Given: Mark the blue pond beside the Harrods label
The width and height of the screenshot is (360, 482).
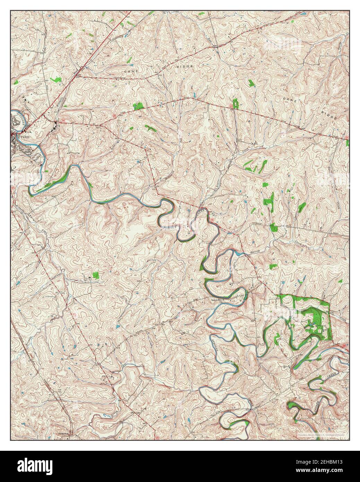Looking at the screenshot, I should (x=238, y=253).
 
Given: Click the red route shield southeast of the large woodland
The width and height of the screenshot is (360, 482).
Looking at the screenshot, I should (x=343, y=346).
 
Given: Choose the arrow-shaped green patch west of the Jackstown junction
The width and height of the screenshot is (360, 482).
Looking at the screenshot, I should (x=55, y=80).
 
